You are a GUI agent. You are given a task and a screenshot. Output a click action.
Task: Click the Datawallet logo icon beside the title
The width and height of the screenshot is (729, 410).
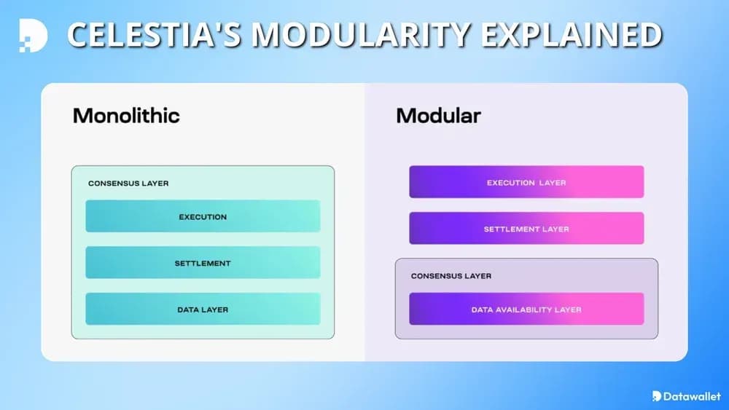click(34, 35)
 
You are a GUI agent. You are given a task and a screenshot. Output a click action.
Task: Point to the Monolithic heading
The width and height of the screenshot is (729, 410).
click(126, 115)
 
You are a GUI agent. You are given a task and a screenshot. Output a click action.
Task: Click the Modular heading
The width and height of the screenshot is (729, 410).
click(438, 115)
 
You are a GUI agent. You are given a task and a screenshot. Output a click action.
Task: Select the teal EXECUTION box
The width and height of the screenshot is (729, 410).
click(203, 216)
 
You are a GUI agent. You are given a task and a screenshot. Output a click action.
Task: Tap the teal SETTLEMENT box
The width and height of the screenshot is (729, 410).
click(203, 263)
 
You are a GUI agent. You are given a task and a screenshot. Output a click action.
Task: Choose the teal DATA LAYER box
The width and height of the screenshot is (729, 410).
click(203, 310)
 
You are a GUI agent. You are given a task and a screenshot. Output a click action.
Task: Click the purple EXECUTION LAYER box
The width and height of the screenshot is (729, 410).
click(526, 182)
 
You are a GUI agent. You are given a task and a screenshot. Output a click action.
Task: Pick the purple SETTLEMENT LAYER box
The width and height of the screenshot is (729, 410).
click(526, 229)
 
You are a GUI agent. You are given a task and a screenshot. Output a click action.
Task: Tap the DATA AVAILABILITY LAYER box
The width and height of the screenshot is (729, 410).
click(526, 310)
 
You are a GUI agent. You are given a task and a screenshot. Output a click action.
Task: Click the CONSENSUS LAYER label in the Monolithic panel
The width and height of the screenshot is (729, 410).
click(128, 184)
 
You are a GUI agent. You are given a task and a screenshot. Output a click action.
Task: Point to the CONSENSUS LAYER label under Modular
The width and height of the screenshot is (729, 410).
click(451, 276)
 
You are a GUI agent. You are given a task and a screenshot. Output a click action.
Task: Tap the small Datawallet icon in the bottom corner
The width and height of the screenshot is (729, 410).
click(658, 396)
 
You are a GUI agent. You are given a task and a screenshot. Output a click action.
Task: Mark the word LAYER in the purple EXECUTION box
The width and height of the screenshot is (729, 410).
click(552, 182)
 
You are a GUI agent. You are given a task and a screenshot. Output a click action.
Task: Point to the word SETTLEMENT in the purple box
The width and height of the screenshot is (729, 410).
click(512, 229)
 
